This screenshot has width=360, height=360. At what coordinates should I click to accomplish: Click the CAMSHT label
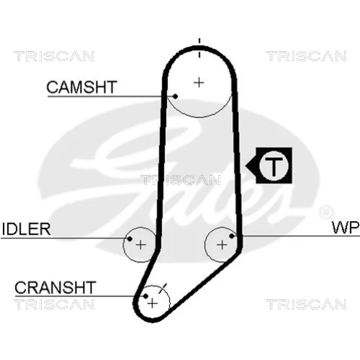(81, 87)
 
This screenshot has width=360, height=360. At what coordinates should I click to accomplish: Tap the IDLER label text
(26, 229)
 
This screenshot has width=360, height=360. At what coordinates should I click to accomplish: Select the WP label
(346, 228)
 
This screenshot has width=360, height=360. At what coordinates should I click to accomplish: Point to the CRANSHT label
(55, 287)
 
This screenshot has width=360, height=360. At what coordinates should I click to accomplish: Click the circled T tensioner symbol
(274, 166)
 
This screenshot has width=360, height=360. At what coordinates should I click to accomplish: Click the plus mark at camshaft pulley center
(199, 83)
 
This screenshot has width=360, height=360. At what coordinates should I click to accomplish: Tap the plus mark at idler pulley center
(140, 245)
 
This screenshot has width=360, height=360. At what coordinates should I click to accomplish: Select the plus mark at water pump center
(222, 245)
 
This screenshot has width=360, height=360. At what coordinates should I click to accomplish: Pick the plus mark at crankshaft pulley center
(153, 304)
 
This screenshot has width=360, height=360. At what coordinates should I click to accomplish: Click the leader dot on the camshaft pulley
(176, 96)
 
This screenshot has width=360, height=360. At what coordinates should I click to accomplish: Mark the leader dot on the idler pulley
(130, 238)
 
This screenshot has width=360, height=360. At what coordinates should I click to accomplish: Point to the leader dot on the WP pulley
(232, 236)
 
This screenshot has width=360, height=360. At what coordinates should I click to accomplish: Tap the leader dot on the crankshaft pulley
(145, 296)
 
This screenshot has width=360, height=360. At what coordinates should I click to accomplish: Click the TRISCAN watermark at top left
(54, 56)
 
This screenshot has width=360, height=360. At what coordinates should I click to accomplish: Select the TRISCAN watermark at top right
(307, 56)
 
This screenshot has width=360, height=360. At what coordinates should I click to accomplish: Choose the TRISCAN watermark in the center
(181, 180)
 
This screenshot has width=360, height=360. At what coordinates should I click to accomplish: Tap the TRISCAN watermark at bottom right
(307, 305)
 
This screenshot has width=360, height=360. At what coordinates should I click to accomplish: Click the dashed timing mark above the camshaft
(199, 48)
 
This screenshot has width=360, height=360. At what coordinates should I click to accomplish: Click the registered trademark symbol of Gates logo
(326, 212)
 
